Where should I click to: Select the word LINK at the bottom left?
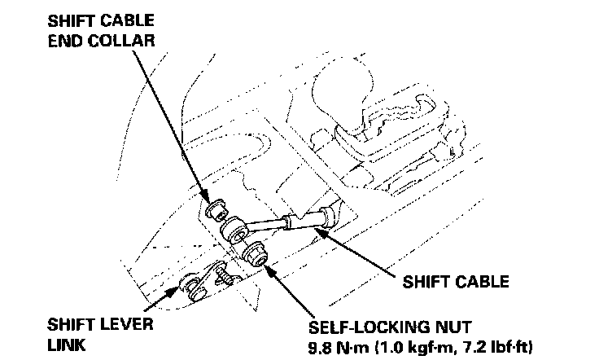(65, 345)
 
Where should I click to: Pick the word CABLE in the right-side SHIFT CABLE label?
(479, 282)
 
